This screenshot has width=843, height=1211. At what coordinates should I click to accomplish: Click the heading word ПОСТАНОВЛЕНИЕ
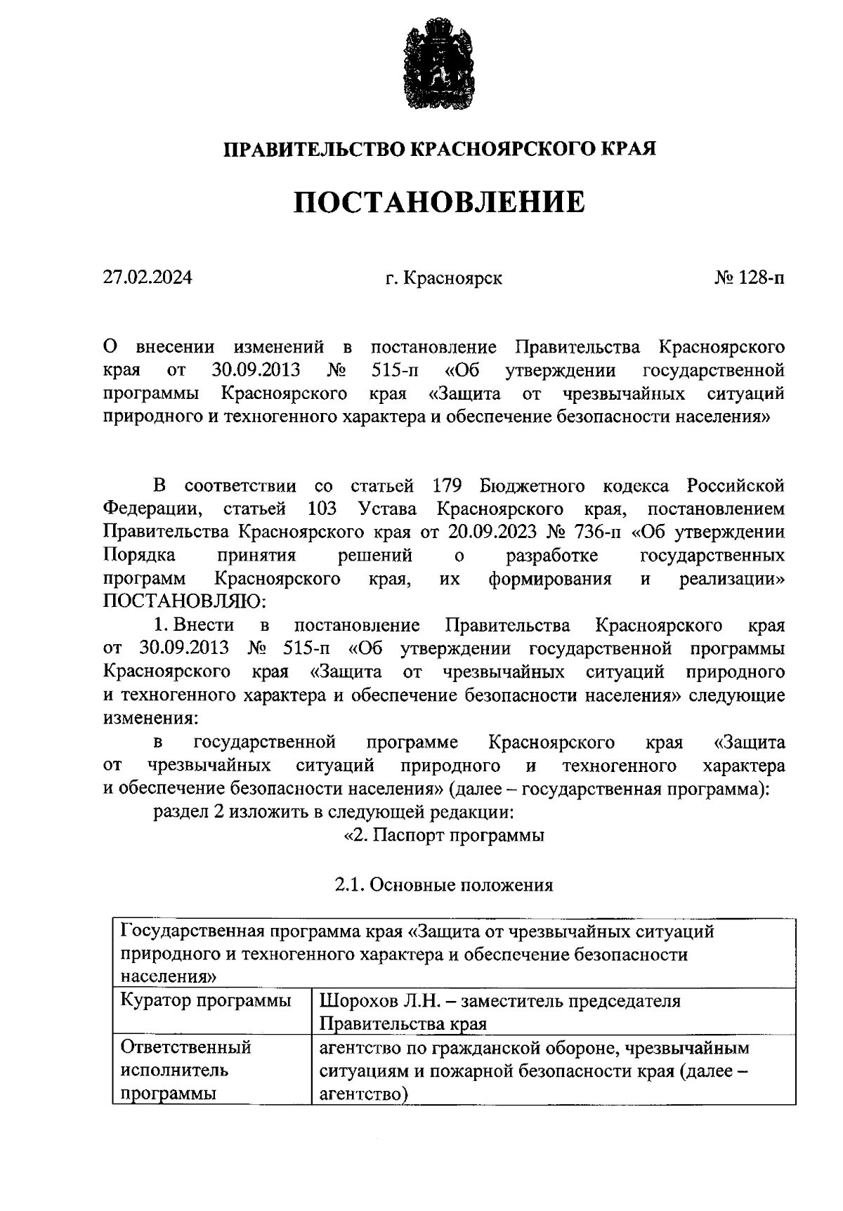pyautogui.click(x=438, y=202)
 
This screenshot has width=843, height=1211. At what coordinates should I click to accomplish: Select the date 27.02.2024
pyautogui.click(x=148, y=277)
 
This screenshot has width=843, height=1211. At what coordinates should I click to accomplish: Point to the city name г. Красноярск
pyautogui.click(x=443, y=278)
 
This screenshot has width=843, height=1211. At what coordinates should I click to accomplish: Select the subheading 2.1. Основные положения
pyautogui.click(x=443, y=885)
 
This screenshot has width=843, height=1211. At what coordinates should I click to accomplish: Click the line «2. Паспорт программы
pyautogui.click(x=443, y=836)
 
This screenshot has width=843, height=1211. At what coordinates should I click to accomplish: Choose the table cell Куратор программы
pyautogui.click(x=206, y=1000)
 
